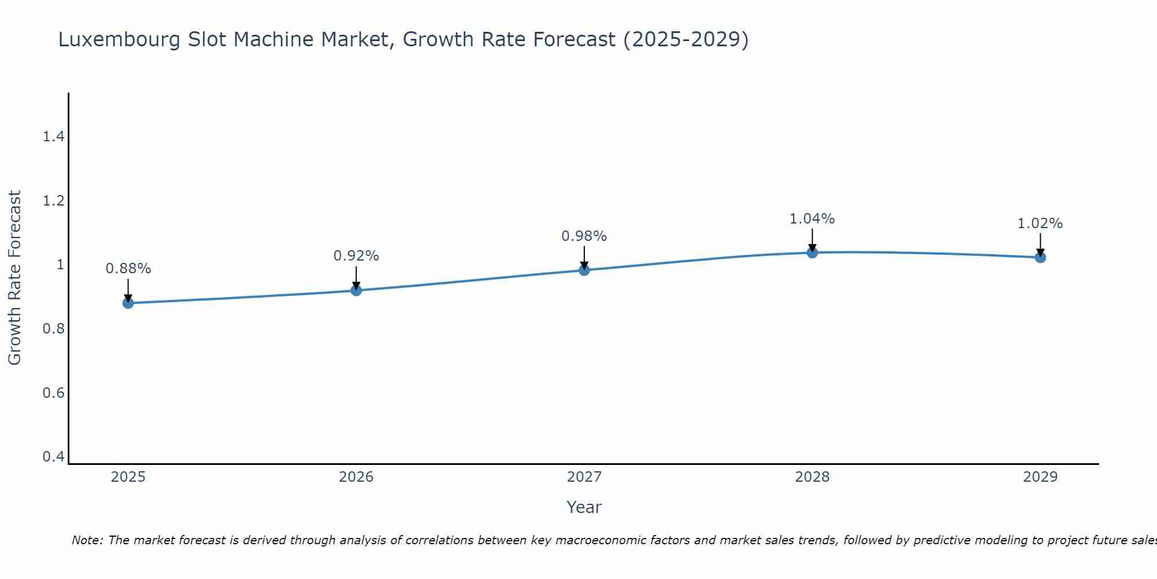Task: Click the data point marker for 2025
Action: tap(128, 303)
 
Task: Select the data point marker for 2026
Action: tap(356, 290)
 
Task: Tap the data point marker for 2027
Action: tap(584, 270)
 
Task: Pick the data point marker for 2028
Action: tap(812, 252)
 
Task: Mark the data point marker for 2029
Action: tap(1040, 257)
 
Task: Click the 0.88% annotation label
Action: tap(128, 269)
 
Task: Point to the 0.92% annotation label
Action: tap(356, 256)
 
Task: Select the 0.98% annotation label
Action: tap(584, 236)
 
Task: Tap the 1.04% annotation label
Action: tap(812, 219)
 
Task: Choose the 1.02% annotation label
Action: tap(1040, 223)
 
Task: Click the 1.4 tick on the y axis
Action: tap(53, 137)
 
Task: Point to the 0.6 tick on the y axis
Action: tap(53, 393)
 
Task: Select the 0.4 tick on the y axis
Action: tap(53, 457)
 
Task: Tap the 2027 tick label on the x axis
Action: tap(584, 477)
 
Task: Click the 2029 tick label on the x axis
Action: tap(1040, 477)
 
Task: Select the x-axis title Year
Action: tap(584, 507)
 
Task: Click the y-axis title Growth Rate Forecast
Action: tap(15, 278)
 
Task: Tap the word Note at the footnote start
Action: tap(87, 540)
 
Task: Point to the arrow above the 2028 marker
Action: tap(812, 239)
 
